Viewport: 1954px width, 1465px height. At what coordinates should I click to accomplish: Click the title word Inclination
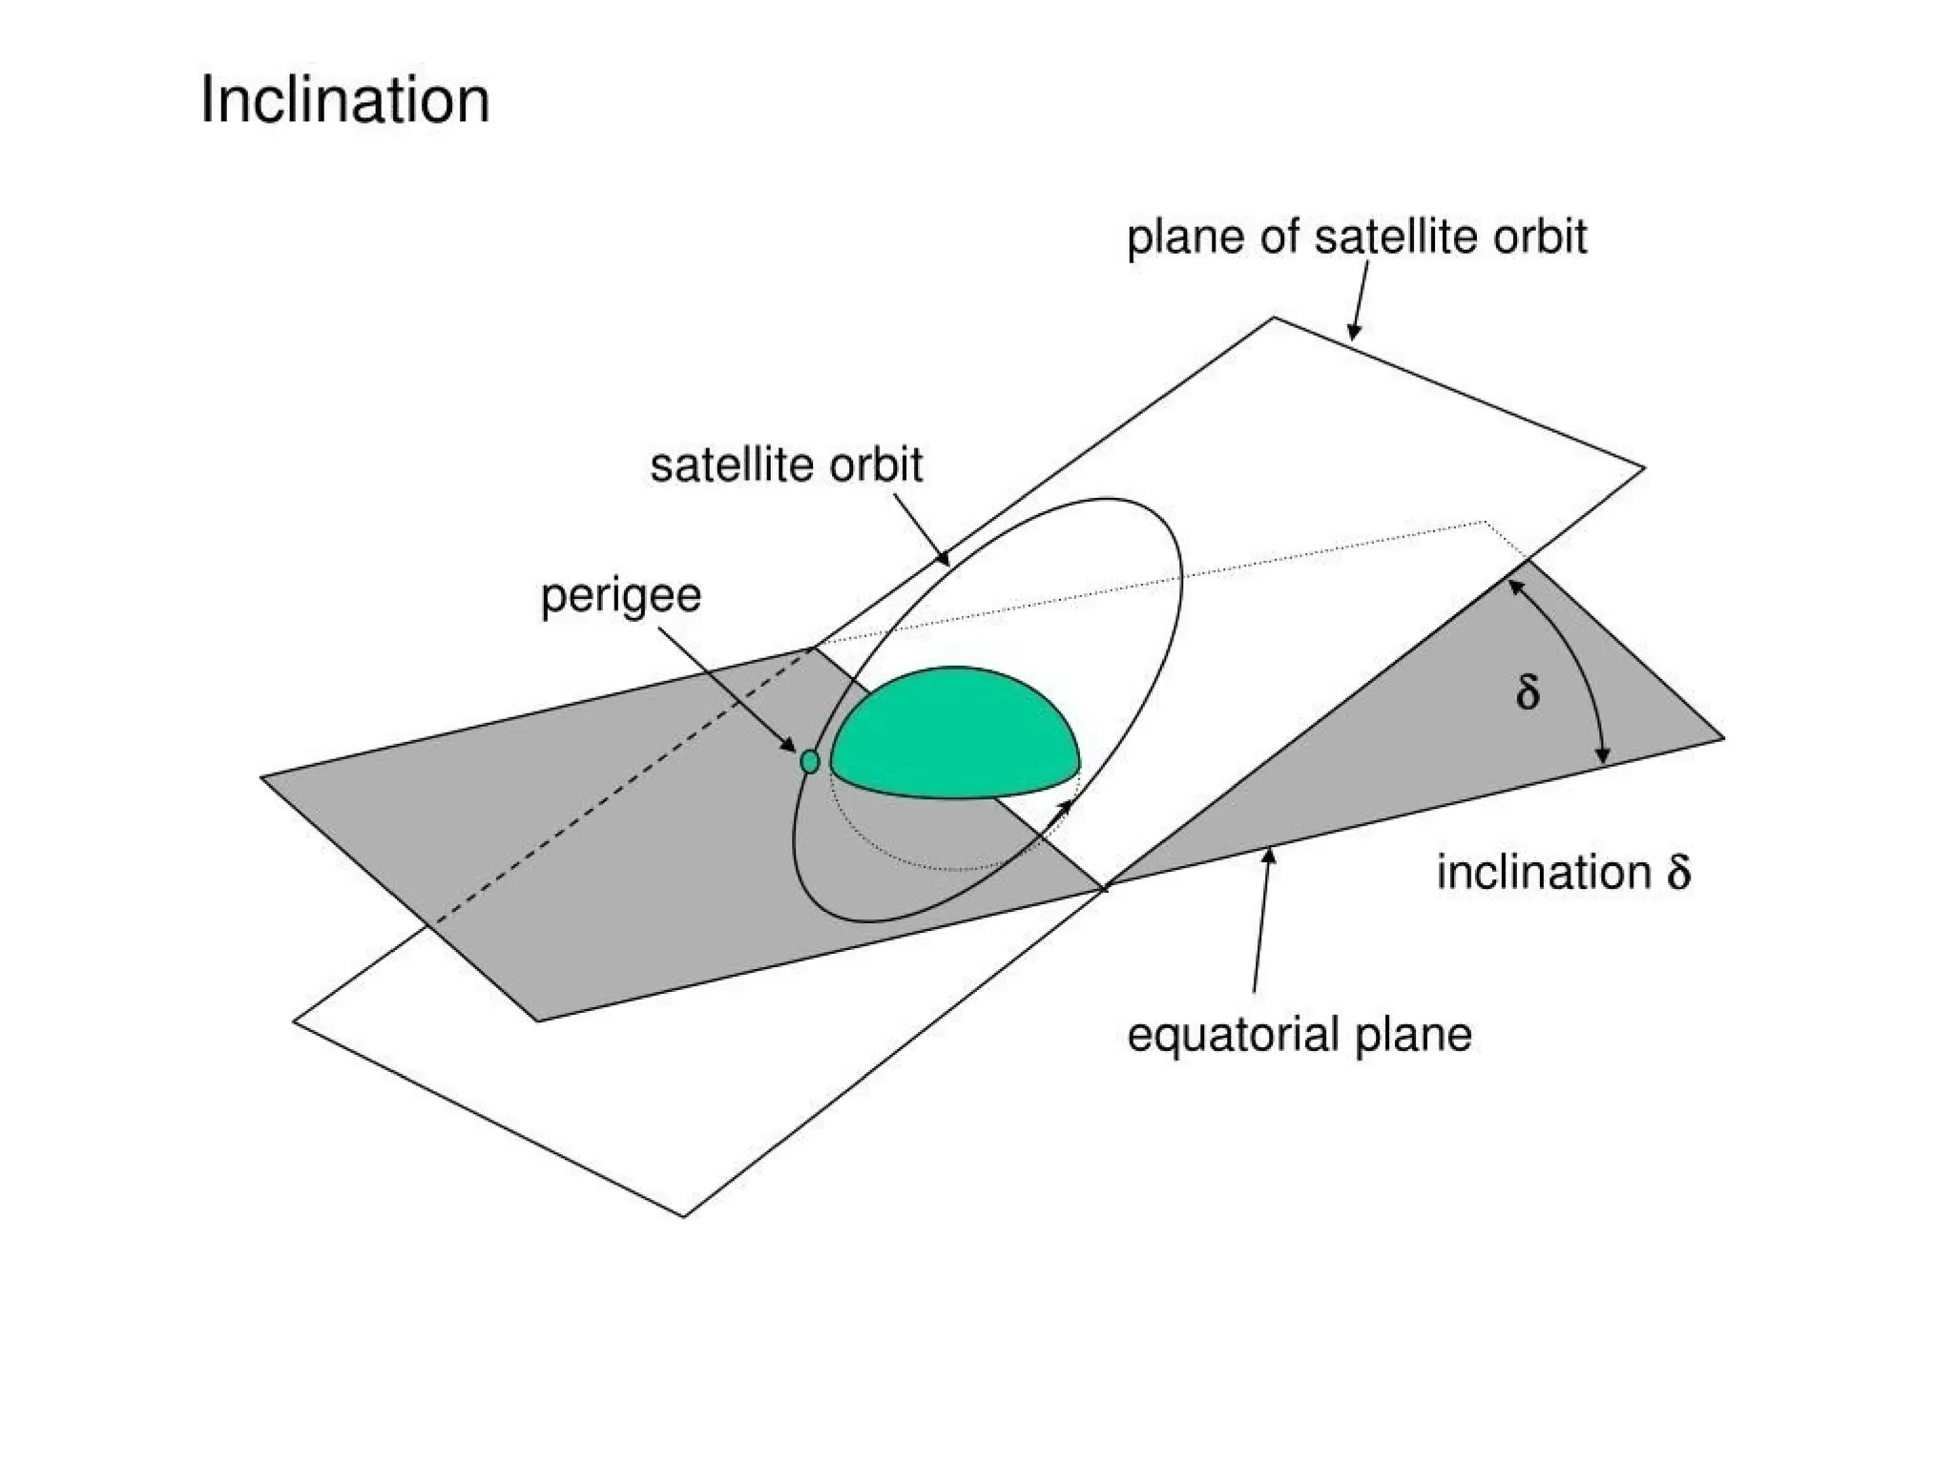click(344, 100)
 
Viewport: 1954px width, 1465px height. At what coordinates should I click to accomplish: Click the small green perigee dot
click(810, 761)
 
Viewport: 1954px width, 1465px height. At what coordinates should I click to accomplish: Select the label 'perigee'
click(621, 596)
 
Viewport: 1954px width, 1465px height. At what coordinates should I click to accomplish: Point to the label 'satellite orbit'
click(786, 465)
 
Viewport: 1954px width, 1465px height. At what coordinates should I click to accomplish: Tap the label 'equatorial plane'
click(1299, 1035)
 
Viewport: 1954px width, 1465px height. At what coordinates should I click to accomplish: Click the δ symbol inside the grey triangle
click(1528, 691)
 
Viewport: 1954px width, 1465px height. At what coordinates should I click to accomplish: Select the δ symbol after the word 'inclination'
click(1679, 872)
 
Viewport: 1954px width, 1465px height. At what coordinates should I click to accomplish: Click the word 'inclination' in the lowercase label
click(1543, 873)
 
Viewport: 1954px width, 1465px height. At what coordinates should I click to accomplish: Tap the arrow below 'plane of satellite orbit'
click(1360, 299)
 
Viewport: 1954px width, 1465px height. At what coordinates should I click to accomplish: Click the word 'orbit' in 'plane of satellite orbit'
click(1540, 237)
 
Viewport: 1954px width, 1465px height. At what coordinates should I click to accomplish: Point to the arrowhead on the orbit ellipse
click(1064, 807)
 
